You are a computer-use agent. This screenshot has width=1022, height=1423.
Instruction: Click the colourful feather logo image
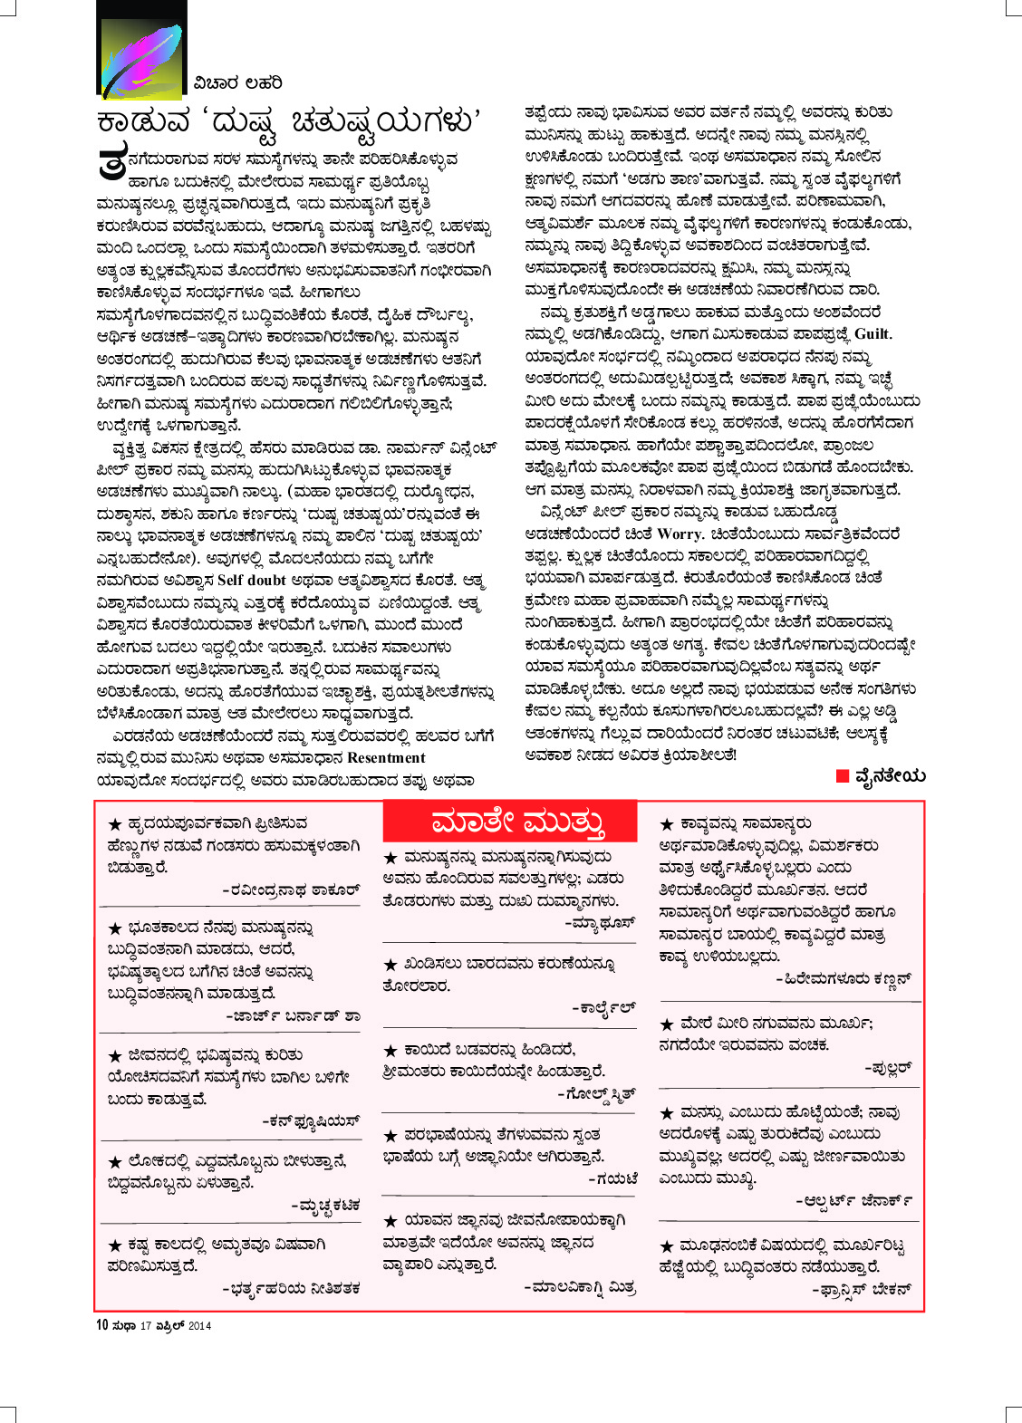(141, 51)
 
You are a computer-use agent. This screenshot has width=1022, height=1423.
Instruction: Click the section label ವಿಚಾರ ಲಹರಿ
(237, 83)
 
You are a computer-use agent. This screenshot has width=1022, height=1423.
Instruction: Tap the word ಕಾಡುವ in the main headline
(144, 121)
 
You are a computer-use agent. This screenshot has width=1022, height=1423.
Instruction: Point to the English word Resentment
(386, 758)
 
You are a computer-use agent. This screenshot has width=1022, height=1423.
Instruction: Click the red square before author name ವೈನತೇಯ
(842, 775)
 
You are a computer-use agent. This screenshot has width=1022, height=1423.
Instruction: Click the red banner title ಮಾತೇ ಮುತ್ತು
(518, 822)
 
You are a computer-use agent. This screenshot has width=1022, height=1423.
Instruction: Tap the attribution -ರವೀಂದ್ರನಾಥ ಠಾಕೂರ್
(291, 890)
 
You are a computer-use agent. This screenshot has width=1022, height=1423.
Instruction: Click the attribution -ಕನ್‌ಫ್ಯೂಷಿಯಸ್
(311, 1120)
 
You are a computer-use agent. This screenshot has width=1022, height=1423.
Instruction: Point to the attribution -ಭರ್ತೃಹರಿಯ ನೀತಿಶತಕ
(291, 1288)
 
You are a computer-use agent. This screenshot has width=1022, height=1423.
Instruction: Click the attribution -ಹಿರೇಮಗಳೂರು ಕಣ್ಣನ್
(844, 979)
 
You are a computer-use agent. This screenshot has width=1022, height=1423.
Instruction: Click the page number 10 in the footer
(101, 1325)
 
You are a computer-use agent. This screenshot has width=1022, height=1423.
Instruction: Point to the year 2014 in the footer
(200, 1326)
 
